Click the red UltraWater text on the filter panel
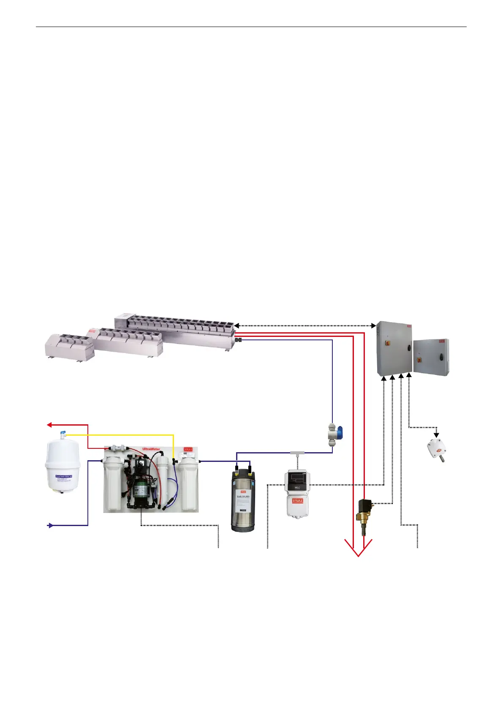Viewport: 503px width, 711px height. coord(151,449)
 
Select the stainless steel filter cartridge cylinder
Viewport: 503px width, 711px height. coord(242,500)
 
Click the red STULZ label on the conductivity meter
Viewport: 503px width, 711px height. coord(298,501)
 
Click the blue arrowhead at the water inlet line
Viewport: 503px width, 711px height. coord(50,525)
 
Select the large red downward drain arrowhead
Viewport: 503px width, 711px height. coord(358,549)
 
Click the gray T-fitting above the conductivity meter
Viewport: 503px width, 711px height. coord(298,453)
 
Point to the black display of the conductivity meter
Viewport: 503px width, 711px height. coord(298,477)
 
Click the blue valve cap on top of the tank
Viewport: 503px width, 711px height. coord(63,434)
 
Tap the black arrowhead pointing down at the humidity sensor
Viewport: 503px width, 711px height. coord(437,435)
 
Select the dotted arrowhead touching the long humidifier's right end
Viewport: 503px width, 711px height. coord(237,326)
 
